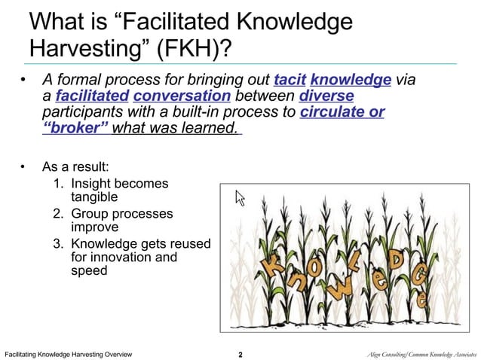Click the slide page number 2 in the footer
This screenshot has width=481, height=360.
pos(240,353)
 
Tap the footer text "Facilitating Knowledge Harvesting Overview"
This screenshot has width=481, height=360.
pos(69,353)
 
